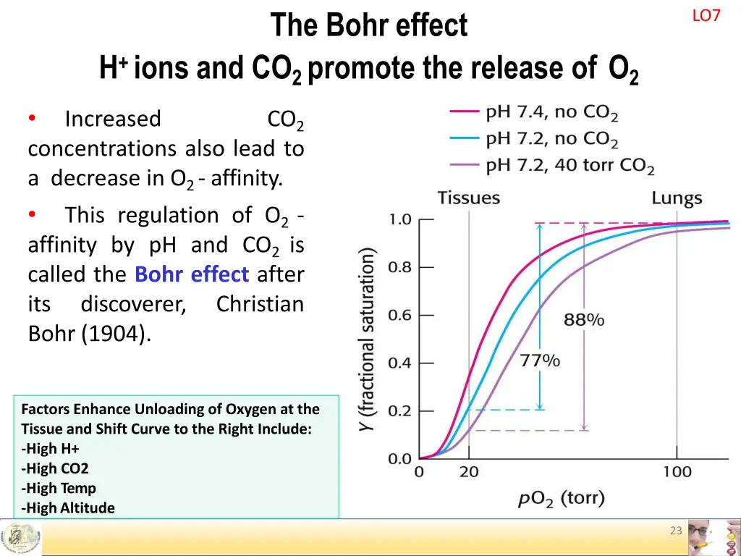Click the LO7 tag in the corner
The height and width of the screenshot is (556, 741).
tap(706, 16)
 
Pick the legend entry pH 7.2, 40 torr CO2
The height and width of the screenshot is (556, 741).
tap(569, 167)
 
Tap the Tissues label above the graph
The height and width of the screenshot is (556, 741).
tap(468, 198)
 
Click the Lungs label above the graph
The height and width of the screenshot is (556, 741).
tap(677, 198)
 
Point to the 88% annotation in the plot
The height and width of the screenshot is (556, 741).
tap(584, 319)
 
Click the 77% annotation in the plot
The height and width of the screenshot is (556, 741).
tap(540, 361)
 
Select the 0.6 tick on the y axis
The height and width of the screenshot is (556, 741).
tap(399, 316)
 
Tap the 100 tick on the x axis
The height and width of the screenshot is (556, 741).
tap(677, 473)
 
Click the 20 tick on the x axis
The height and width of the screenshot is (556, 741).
tap(468, 473)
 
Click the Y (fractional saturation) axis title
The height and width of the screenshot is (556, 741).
tap(368, 340)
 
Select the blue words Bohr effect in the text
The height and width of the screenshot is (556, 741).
tap(192, 275)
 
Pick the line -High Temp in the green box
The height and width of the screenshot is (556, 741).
tap(59, 488)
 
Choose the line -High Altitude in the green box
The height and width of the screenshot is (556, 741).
tap(69, 507)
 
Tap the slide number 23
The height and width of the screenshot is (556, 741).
tap(676, 531)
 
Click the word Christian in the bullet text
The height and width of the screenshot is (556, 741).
tap(260, 305)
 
